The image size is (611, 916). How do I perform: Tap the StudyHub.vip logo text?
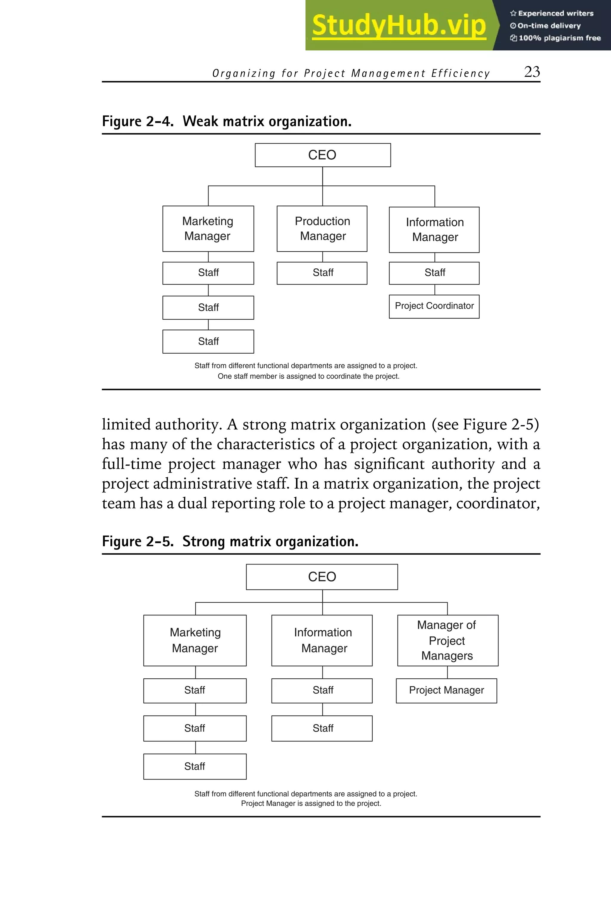point(399,25)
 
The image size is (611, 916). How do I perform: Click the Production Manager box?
point(322,229)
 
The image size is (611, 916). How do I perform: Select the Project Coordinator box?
point(434,306)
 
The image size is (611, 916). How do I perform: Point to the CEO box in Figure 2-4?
point(323,155)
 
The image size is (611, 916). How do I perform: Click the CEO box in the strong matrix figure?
point(322,577)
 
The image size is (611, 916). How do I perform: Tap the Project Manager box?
point(446,691)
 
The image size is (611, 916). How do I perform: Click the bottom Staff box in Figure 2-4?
point(208,341)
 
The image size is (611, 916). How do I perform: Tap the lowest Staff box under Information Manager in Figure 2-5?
point(322,728)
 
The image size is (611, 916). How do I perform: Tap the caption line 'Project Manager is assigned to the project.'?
point(311,804)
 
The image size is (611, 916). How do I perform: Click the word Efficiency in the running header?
point(460,74)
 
